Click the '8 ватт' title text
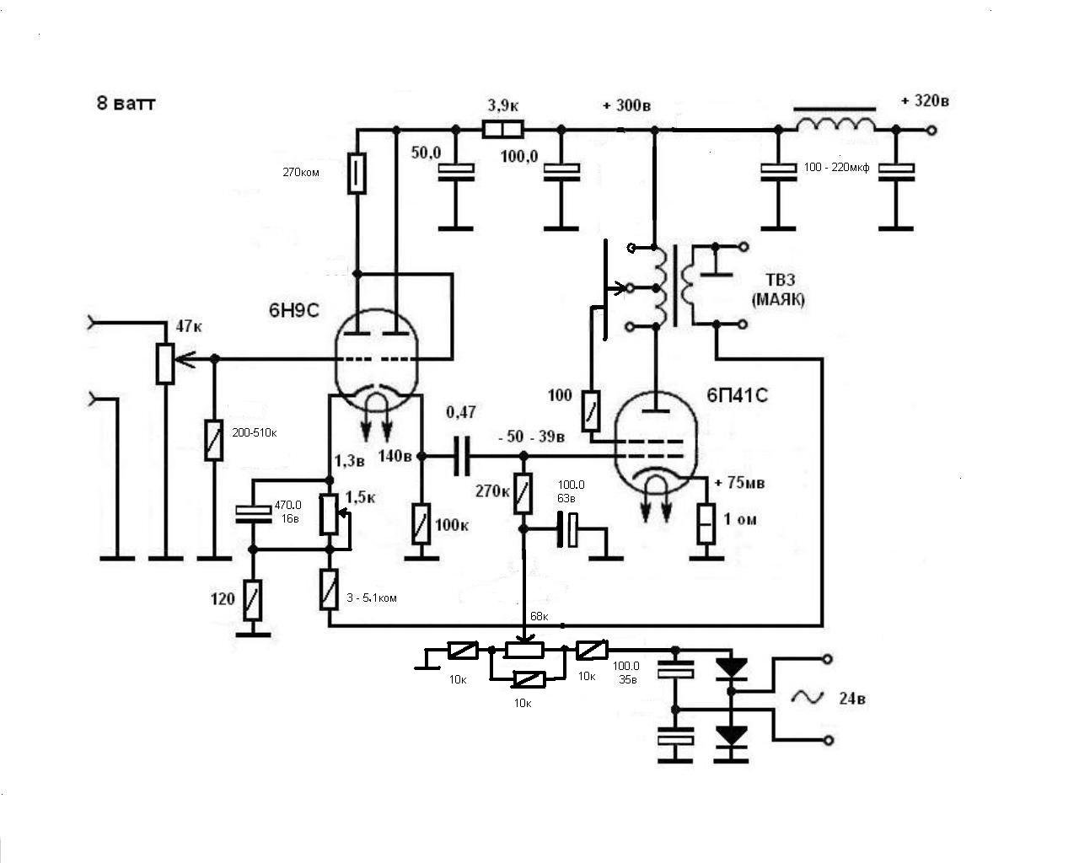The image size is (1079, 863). coord(126,104)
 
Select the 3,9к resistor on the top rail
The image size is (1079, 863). coord(503,130)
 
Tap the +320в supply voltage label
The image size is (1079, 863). coord(925,101)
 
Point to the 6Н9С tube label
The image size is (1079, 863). coord(294,310)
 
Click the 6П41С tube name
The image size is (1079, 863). coord(737,395)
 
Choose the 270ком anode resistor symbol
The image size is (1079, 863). coord(357,173)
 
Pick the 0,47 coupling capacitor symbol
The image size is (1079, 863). coord(462,456)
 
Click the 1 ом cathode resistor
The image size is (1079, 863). coord(706,524)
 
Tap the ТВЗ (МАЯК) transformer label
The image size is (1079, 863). coord(779,289)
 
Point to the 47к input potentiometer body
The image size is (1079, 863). coord(164,364)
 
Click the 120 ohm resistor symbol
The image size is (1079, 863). coord(253,600)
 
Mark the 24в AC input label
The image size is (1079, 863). coord(852,699)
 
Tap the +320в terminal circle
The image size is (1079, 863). coord(931,131)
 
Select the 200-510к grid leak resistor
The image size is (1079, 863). coord(214,440)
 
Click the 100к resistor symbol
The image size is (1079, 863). coord(421,524)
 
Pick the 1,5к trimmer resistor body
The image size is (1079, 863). coord(329,514)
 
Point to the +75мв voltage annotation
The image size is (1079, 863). coord(739,483)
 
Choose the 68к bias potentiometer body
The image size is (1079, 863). coord(524,651)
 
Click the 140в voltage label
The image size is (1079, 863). coord(395,456)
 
